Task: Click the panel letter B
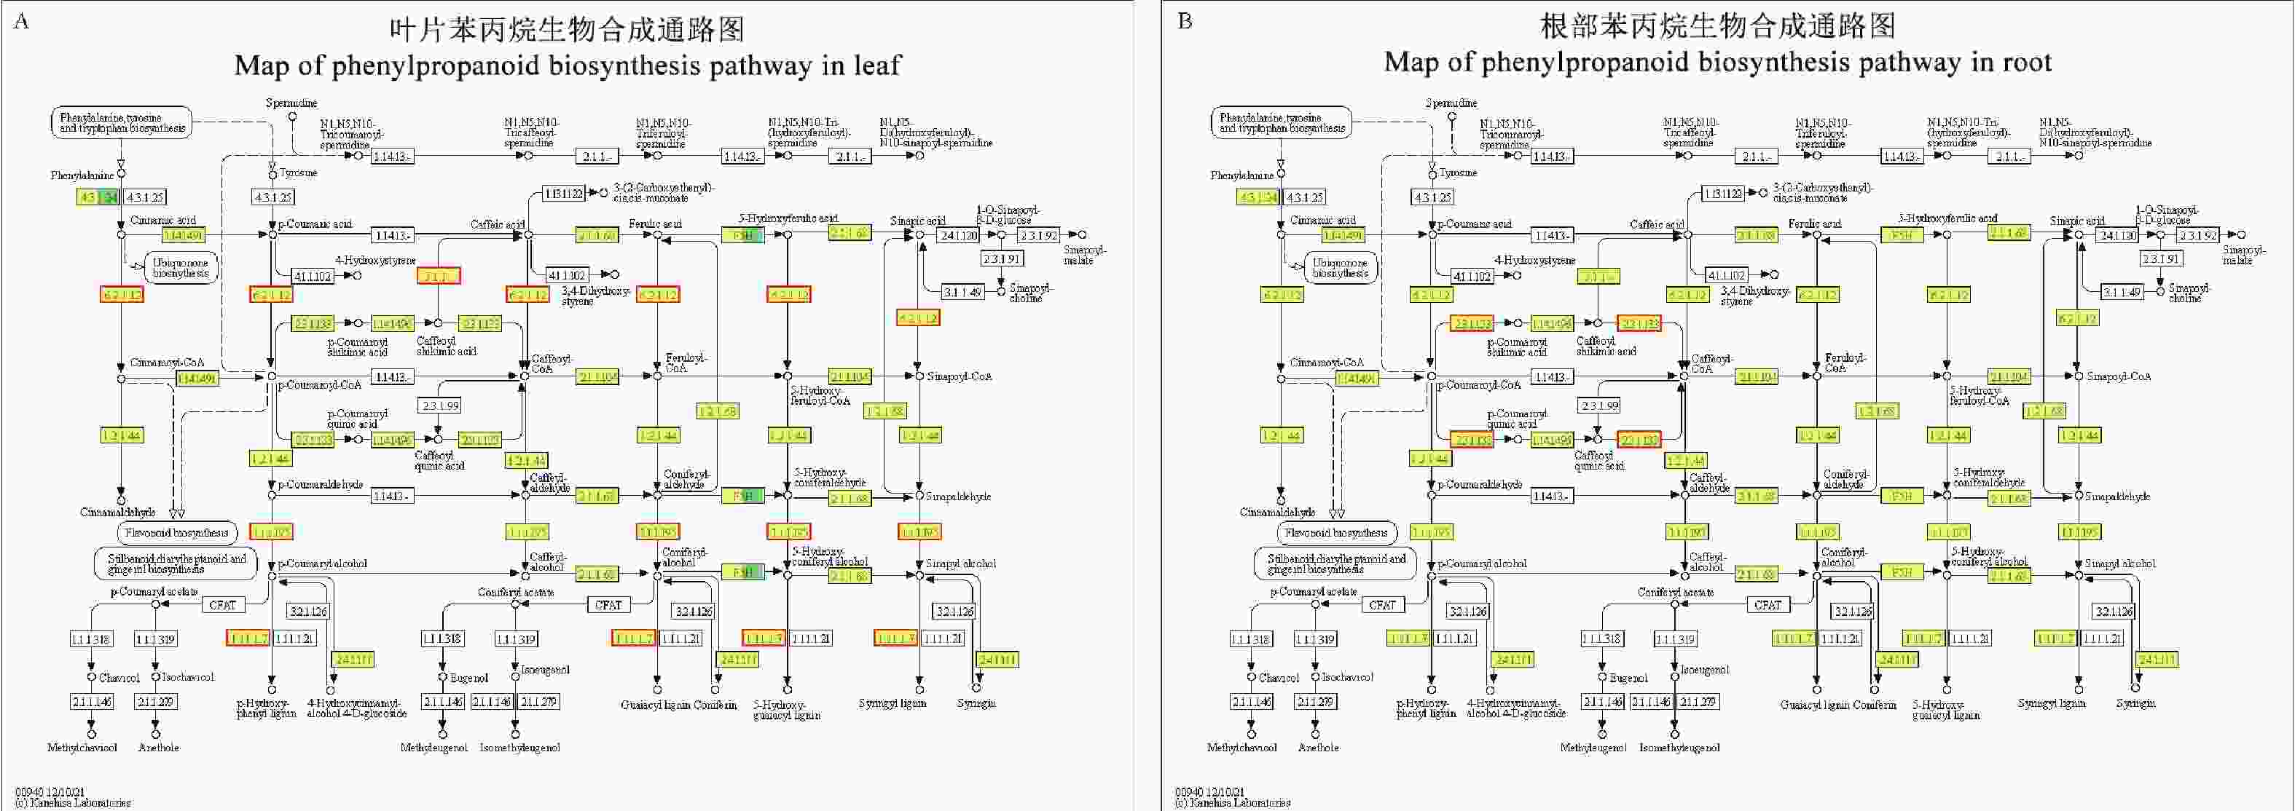click(x=1185, y=20)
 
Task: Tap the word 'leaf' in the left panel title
click(x=877, y=65)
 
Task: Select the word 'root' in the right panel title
click(x=2027, y=63)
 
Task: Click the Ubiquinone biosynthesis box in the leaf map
click(x=180, y=268)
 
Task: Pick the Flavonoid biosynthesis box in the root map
click(x=1336, y=533)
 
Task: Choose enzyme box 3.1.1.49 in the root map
click(x=2122, y=292)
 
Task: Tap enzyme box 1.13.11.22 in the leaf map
click(x=563, y=193)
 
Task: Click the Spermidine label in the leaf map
click(x=291, y=103)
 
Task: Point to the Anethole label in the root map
click(x=1318, y=748)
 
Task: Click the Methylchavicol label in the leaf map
click(x=82, y=748)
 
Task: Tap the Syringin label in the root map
click(x=2135, y=703)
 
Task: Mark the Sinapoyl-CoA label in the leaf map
click(x=960, y=376)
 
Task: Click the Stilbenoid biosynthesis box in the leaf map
click(x=176, y=563)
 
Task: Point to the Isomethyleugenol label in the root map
click(x=1679, y=748)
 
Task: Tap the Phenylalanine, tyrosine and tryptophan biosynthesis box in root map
click(x=1281, y=123)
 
